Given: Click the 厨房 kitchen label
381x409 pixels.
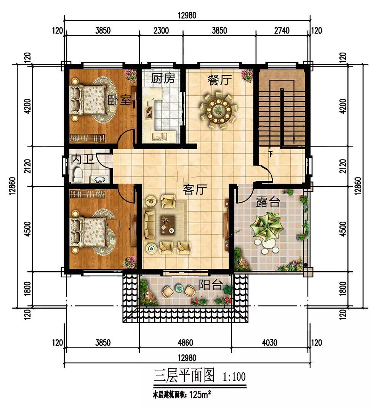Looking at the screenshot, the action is tap(163, 78).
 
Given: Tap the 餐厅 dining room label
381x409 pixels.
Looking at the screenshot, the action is tap(219, 80).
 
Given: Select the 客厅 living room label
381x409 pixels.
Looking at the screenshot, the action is tap(195, 190).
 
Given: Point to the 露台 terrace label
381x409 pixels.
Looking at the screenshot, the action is tap(268, 201).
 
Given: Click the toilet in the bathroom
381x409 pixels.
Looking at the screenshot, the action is tap(78, 174).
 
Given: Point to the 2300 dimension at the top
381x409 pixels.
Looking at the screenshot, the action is tap(161, 31).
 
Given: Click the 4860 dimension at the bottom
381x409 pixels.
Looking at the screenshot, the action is tap(186, 342).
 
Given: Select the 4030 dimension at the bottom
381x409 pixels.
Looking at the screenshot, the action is tap(269, 342).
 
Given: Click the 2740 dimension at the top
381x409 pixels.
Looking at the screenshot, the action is tap(282, 31).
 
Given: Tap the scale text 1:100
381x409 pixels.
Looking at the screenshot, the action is tap(234, 377).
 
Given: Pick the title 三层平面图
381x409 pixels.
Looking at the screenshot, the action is tap(184, 375).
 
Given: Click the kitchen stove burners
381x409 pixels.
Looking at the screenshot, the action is tap(149, 110).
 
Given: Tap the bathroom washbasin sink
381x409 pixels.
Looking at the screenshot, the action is tap(99, 179).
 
